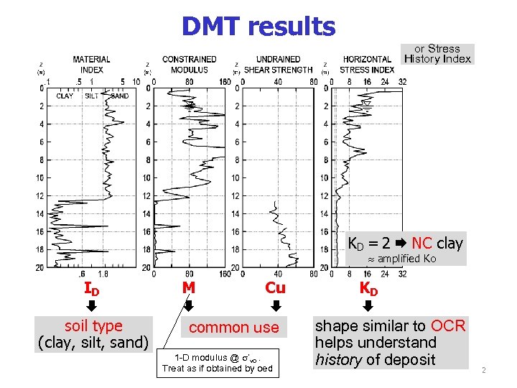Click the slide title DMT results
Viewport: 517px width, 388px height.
258,27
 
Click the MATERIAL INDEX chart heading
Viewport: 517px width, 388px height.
92,65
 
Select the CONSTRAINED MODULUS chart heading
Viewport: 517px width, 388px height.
189,65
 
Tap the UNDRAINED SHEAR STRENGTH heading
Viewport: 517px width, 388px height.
278,65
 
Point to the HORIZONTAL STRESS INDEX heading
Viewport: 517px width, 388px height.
367,65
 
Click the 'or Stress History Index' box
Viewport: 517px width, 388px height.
437,54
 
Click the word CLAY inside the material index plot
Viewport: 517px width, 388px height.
65,96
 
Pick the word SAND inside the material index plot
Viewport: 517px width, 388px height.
119,96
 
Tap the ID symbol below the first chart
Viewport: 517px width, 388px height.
91,290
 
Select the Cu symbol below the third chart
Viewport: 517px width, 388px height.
275,288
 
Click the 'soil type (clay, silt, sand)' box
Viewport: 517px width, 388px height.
93,334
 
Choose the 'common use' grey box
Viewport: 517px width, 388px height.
233,328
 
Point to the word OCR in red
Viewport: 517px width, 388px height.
450,326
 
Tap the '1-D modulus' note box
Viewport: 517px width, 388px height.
217,363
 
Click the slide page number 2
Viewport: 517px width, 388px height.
484,371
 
